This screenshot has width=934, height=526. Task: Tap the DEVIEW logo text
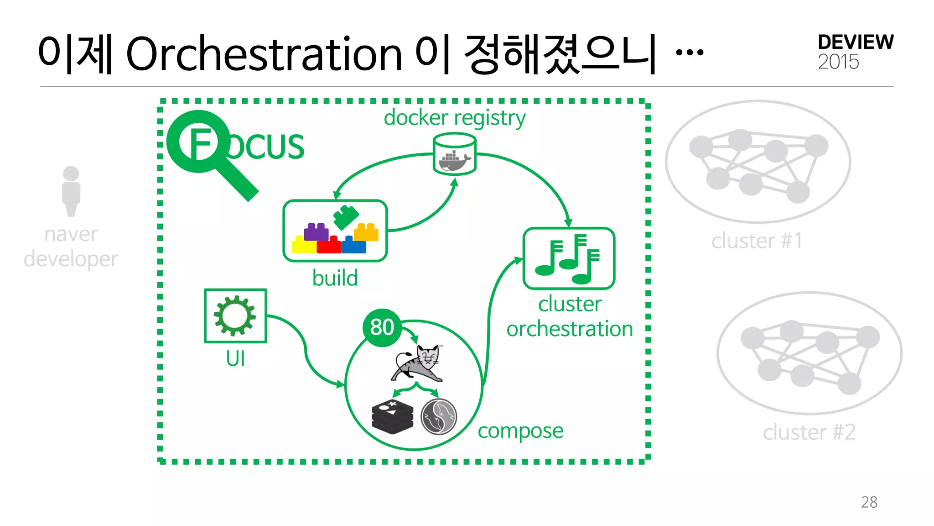856,42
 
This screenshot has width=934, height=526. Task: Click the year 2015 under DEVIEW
838,62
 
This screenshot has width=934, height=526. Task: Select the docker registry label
454,118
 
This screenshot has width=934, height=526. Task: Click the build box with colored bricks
335,231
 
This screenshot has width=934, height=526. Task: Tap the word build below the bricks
335,278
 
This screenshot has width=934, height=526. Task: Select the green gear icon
235,316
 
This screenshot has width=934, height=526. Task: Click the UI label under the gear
235,358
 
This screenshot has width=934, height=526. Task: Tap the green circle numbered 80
382,327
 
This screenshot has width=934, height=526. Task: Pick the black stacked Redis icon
393,416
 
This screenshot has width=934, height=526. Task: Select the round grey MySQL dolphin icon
439,416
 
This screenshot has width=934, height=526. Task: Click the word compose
520,431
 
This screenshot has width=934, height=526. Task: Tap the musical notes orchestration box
569,258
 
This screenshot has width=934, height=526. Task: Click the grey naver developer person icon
71,191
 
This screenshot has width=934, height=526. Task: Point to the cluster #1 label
757,241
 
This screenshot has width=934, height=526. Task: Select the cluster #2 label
809,432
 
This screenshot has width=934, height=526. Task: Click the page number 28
869,502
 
